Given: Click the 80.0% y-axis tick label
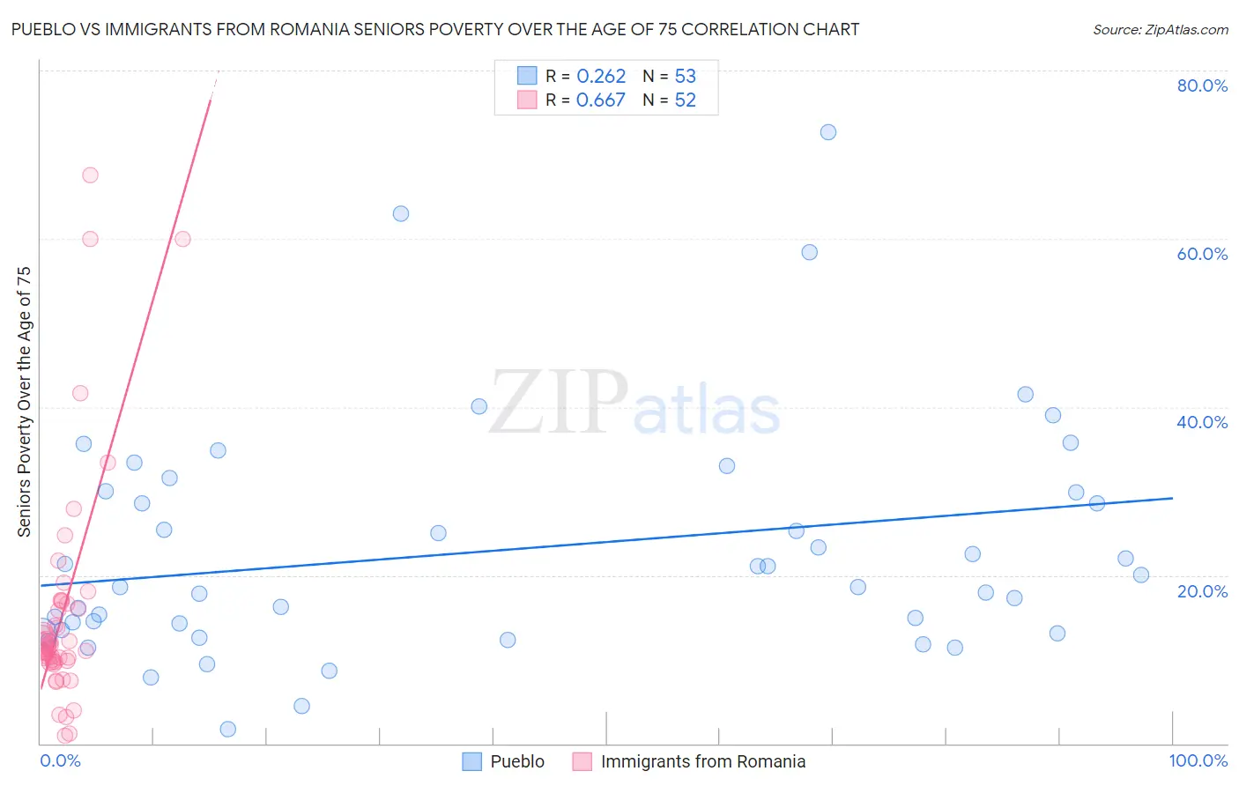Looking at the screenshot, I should click(x=1201, y=85).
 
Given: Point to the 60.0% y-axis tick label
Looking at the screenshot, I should click(x=1201, y=254).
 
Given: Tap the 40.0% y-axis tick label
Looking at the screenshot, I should click(x=1201, y=422).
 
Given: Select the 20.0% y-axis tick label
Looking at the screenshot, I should click(x=1201, y=590).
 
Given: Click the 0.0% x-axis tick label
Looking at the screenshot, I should click(x=60, y=760).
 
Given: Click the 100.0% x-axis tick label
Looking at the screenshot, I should click(x=1198, y=760).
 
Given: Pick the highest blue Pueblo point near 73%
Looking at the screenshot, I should click(x=828, y=132).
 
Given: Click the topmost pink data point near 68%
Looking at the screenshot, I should click(x=90, y=175).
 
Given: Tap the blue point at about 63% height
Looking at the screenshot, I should click(x=401, y=213).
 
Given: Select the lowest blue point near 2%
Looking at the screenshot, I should click(x=228, y=729).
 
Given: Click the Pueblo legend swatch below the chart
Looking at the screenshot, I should click(x=472, y=761).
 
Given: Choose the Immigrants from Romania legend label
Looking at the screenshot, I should click(x=702, y=761).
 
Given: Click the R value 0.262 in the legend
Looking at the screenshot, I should click(x=601, y=77).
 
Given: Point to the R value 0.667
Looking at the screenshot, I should click(x=601, y=100).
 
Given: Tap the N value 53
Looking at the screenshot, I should click(x=685, y=77).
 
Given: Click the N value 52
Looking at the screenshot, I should click(x=685, y=100).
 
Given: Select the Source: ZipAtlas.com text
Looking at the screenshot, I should click(x=1160, y=30).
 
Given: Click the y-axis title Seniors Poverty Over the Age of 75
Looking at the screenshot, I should click(x=24, y=401).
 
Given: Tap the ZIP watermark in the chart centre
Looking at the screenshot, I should click(x=559, y=403).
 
